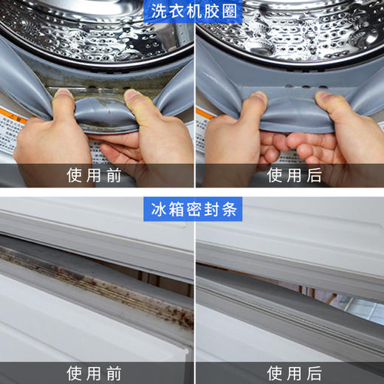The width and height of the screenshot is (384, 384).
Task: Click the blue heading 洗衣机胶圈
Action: pyautogui.click(x=191, y=12)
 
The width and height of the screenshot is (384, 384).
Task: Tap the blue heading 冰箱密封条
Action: pyautogui.click(x=191, y=210)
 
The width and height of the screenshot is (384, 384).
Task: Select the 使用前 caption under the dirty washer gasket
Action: pyautogui.click(x=95, y=175)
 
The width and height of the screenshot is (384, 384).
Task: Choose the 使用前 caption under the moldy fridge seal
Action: pyautogui.click(x=95, y=371)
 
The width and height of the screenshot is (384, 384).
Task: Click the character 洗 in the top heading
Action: pyautogui.click(x=157, y=12)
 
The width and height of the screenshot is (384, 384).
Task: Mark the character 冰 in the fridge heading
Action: pyautogui.click(x=157, y=210)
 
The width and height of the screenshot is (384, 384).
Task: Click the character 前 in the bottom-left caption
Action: pyautogui.click(x=115, y=371)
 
